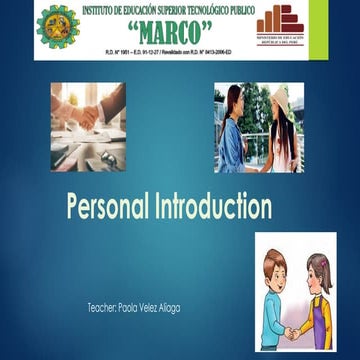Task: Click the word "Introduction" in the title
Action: click(x=212, y=207)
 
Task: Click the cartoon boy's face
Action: click(x=275, y=271)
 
